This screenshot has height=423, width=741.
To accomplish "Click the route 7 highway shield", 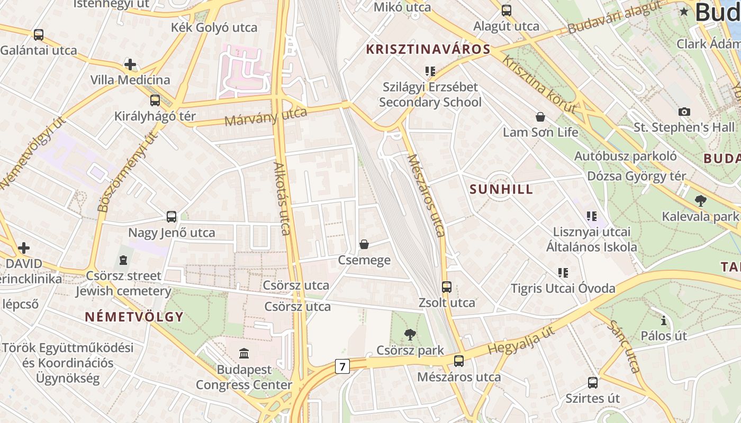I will click(x=342, y=366).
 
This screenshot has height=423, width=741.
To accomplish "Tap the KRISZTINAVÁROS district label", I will click(x=428, y=50).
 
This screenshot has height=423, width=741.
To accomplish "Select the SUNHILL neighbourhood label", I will click(x=501, y=190).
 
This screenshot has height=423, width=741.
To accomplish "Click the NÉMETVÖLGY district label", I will click(x=134, y=317).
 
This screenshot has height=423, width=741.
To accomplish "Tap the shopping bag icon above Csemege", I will click(x=364, y=244).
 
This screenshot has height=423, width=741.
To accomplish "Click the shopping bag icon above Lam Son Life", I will click(x=540, y=117).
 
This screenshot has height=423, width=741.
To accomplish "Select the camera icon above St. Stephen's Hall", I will click(x=684, y=112).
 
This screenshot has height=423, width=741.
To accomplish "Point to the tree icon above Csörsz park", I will click(x=410, y=334).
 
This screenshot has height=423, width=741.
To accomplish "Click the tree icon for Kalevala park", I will click(x=701, y=201).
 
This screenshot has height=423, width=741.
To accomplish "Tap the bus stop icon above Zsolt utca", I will click(x=447, y=287).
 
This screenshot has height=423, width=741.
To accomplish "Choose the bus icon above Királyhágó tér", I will click(x=155, y=100).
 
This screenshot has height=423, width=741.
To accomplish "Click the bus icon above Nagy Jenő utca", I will click(x=171, y=217).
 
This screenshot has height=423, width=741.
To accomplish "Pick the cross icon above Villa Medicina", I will click(x=130, y=65).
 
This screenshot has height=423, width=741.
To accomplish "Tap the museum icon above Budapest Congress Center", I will click(x=244, y=353).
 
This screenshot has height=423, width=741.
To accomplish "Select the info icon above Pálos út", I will click(x=664, y=320).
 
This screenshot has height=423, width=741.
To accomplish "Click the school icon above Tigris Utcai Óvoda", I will click(x=563, y=273).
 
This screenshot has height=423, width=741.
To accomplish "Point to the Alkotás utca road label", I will click(x=282, y=198).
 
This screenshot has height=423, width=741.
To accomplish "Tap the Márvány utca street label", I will click(x=266, y=117).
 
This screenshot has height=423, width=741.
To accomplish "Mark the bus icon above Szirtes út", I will click(x=593, y=382).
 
